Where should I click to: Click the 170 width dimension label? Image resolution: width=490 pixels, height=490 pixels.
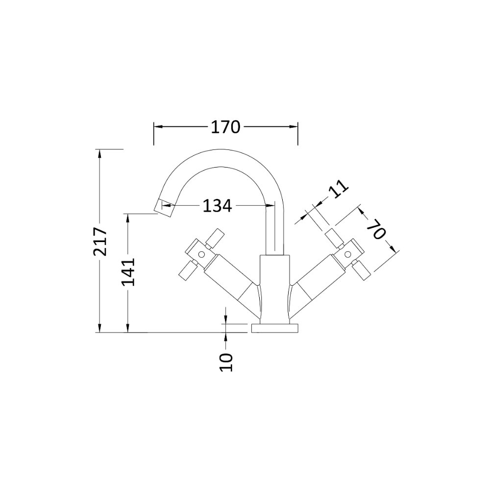tap(225, 127)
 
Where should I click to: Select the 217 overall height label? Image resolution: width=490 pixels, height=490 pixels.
tap(100, 241)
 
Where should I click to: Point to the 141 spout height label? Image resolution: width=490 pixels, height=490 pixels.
tap(128, 271)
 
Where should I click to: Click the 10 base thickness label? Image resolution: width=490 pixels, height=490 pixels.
tap(226, 362)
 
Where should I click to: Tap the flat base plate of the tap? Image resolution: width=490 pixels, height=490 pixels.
tap(275, 328)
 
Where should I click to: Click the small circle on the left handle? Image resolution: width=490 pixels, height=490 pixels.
tap(201, 255)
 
